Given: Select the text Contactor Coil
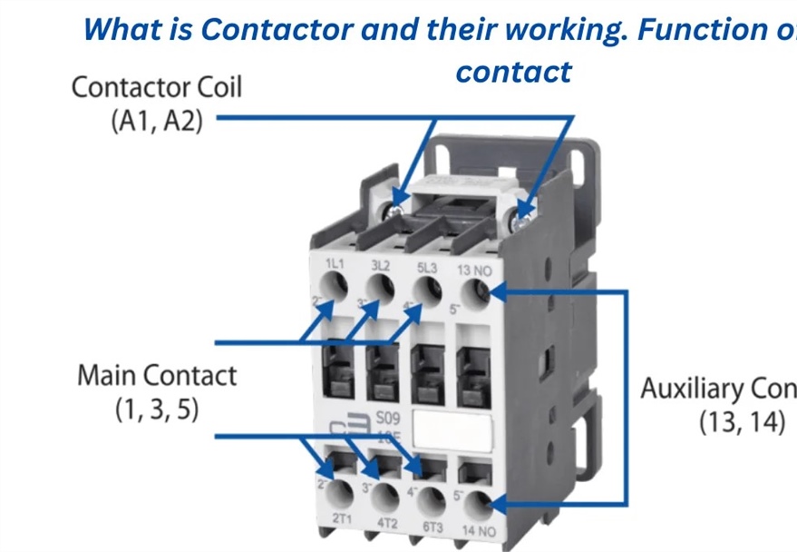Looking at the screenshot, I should [x=156, y=88].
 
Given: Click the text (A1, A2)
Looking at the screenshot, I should [x=156, y=120].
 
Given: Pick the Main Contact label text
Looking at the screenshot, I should [x=156, y=375].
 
